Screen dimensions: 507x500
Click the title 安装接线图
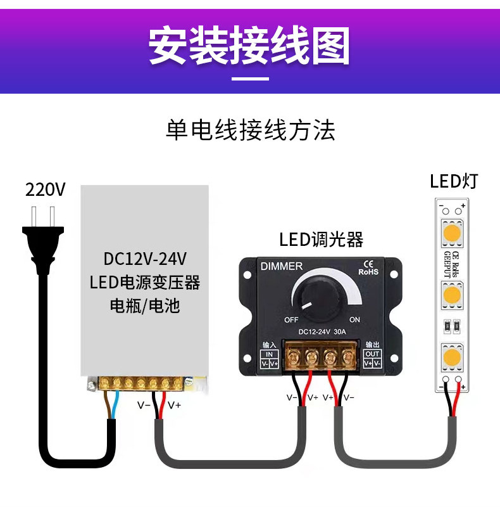point(249,46)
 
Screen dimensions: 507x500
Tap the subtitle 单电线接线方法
point(250,131)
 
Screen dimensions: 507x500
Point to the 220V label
point(45,189)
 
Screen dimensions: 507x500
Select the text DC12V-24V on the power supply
point(144,259)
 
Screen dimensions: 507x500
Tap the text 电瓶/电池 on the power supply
point(145,306)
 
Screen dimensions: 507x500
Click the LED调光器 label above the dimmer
point(321,240)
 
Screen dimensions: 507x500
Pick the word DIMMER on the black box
point(282,266)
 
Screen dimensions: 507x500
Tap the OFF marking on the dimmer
point(291,319)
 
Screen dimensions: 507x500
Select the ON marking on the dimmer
point(354,319)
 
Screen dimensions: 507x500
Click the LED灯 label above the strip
point(454,182)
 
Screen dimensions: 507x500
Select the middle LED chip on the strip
point(451,295)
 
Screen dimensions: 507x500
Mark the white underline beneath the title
point(250,79)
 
